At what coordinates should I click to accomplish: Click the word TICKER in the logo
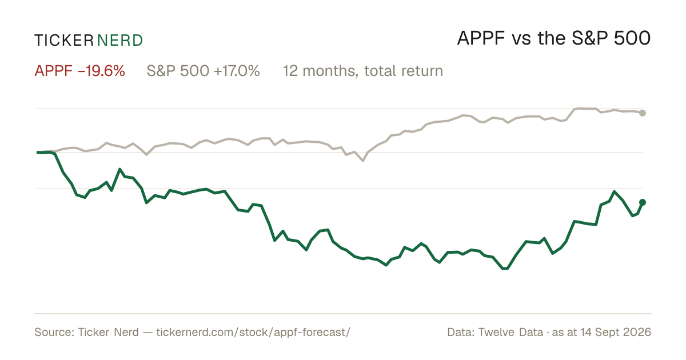[x=64, y=41]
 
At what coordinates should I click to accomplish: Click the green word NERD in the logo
[x=120, y=41]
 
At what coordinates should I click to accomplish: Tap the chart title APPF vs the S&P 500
[x=554, y=38]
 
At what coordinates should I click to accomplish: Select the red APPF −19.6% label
[x=79, y=71]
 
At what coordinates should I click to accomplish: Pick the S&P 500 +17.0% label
[x=203, y=71]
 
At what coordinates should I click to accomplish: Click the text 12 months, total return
[x=362, y=71]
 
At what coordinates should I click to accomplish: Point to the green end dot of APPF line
[x=643, y=202]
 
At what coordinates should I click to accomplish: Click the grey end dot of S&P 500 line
[x=643, y=113]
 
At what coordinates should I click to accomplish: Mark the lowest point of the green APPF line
[x=505, y=269]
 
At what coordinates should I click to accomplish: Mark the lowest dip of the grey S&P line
[x=363, y=161]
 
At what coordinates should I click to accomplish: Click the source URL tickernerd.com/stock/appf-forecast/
[x=253, y=332]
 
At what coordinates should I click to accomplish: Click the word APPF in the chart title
[x=481, y=38]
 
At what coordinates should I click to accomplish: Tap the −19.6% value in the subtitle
[x=101, y=71]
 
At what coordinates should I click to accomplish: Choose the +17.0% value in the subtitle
[x=237, y=71]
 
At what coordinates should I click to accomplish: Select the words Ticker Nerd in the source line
[x=109, y=332]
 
